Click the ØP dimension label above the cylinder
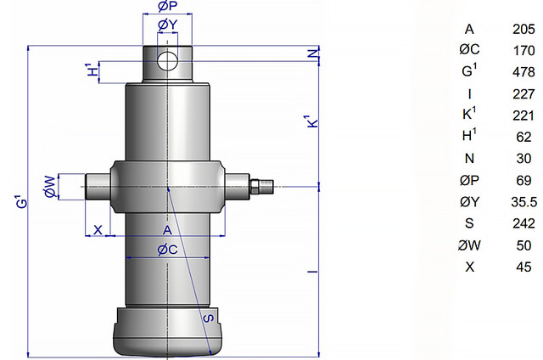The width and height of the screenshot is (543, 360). point(168,6)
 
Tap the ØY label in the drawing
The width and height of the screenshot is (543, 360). point(168,25)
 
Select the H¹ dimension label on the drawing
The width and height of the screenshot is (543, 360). point(92,70)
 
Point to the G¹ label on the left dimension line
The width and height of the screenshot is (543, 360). point(20,202)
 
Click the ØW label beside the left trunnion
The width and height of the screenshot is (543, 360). point(50,187)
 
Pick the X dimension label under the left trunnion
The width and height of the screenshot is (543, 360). point(98,229)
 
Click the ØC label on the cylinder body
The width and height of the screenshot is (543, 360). point(167,250)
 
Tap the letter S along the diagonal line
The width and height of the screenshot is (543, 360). point(208,318)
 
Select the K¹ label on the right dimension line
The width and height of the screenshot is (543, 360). point(312,121)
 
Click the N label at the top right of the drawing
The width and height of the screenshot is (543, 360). point(313,53)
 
